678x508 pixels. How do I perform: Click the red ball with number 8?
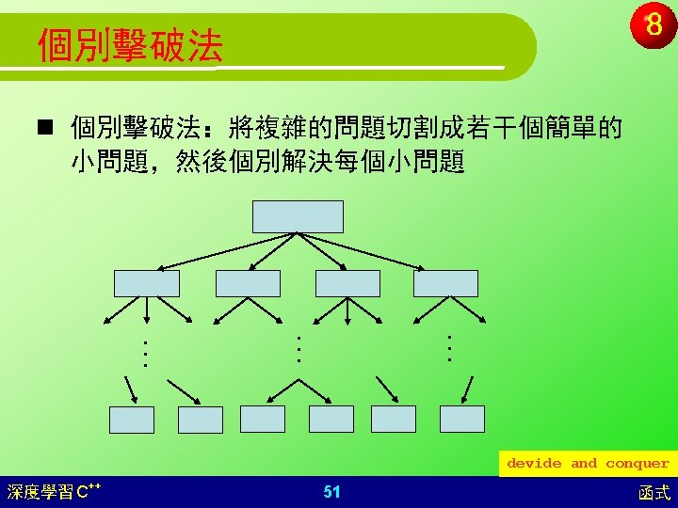tap(653, 24)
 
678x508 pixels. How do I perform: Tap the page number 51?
tap(331, 492)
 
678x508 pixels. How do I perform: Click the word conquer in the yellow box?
tap(638, 464)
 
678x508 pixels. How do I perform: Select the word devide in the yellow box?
tap(534, 463)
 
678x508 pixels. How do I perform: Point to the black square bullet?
tap(45, 128)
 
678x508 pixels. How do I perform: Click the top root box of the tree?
tap(298, 216)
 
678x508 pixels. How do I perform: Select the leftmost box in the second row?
tap(147, 283)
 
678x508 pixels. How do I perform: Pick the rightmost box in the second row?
tap(445, 283)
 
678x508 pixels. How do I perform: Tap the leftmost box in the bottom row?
tap(132, 420)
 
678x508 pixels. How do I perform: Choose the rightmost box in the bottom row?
tap(462, 419)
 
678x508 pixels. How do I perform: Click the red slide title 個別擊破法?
tap(131, 45)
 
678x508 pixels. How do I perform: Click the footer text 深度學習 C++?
tap(54, 492)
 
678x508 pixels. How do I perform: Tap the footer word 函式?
tap(654, 493)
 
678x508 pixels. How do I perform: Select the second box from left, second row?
tap(248, 283)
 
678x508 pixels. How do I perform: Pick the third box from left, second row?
tap(347, 283)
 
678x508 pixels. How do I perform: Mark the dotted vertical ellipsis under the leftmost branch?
tap(145, 355)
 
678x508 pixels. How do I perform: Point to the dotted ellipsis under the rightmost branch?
tap(450, 348)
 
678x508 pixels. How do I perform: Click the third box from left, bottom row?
tap(263, 419)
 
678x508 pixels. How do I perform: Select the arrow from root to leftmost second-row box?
tap(227, 252)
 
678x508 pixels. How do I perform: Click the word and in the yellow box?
tap(584, 463)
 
